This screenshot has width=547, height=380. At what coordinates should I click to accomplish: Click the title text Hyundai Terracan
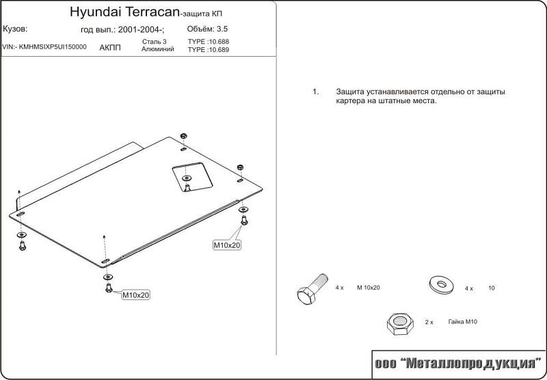click(x=124, y=12)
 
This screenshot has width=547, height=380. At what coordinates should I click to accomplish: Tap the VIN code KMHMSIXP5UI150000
click(x=53, y=47)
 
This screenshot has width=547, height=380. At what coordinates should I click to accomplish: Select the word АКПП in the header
click(x=110, y=48)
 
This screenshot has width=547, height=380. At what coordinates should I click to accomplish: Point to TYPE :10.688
click(x=209, y=42)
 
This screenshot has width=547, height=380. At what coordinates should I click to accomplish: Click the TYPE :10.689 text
click(x=209, y=49)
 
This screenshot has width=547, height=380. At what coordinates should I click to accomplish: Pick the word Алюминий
click(x=158, y=49)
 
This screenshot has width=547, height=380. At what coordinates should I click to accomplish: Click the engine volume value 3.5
click(x=222, y=29)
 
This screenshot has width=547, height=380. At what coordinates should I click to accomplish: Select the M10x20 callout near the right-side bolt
click(x=227, y=245)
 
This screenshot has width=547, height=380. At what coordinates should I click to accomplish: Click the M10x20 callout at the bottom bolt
click(x=135, y=295)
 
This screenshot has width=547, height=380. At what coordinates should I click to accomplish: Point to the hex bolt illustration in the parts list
click(x=312, y=288)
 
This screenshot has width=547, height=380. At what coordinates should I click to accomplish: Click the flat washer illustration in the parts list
click(x=441, y=284)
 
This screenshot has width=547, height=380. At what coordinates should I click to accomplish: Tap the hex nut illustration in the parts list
click(x=400, y=324)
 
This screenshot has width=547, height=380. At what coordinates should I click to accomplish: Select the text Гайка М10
click(x=463, y=322)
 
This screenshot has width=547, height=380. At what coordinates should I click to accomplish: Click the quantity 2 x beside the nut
click(x=429, y=323)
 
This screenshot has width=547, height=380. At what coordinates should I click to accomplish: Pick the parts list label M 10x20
click(x=369, y=288)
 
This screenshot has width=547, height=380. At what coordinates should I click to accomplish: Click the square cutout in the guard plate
click(x=193, y=177)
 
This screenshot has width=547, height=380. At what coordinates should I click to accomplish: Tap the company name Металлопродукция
click(x=471, y=364)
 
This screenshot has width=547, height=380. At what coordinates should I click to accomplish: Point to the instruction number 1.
click(x=315, y=92)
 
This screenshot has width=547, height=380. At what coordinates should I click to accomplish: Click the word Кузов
click(x=15, y=29)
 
